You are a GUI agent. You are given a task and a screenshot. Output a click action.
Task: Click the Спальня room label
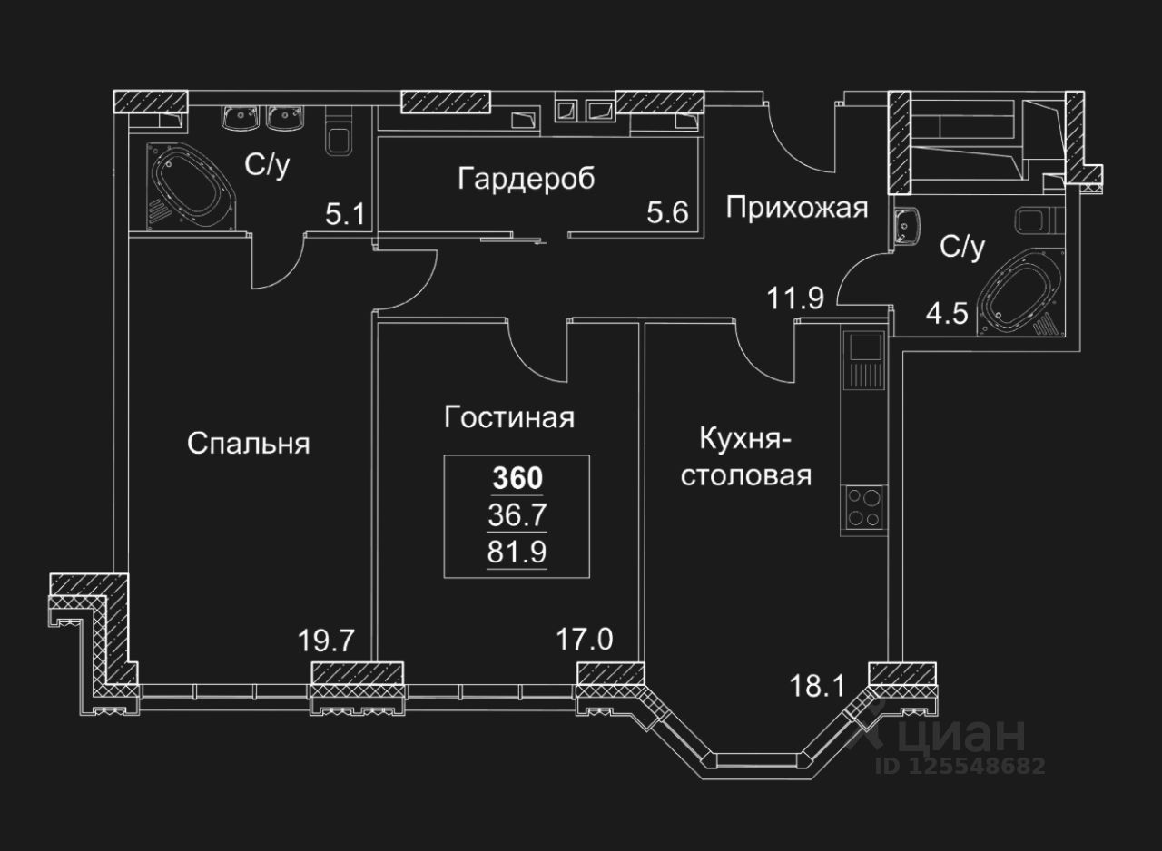[x=249, y=444]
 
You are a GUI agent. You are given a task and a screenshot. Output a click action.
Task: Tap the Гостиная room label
[x=509, y=417]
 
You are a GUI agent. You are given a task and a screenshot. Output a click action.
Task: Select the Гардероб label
[x=527, y=179]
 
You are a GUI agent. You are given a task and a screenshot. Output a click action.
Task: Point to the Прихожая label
[x=797, y=208]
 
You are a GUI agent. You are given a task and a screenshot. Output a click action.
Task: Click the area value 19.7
[x=325, y=641]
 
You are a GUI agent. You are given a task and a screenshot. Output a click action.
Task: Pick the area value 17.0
[x=585, y=641]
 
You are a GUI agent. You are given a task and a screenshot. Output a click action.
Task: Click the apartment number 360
[x=517, y=477]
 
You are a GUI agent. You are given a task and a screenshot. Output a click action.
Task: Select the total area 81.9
[x=517, y=551]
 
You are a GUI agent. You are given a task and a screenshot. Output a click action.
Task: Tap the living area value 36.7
[x=517, y=514]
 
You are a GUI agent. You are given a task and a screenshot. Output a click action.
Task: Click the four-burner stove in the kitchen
[x=862, y=507]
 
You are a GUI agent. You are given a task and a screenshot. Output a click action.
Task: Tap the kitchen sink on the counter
[x=863, y=347]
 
